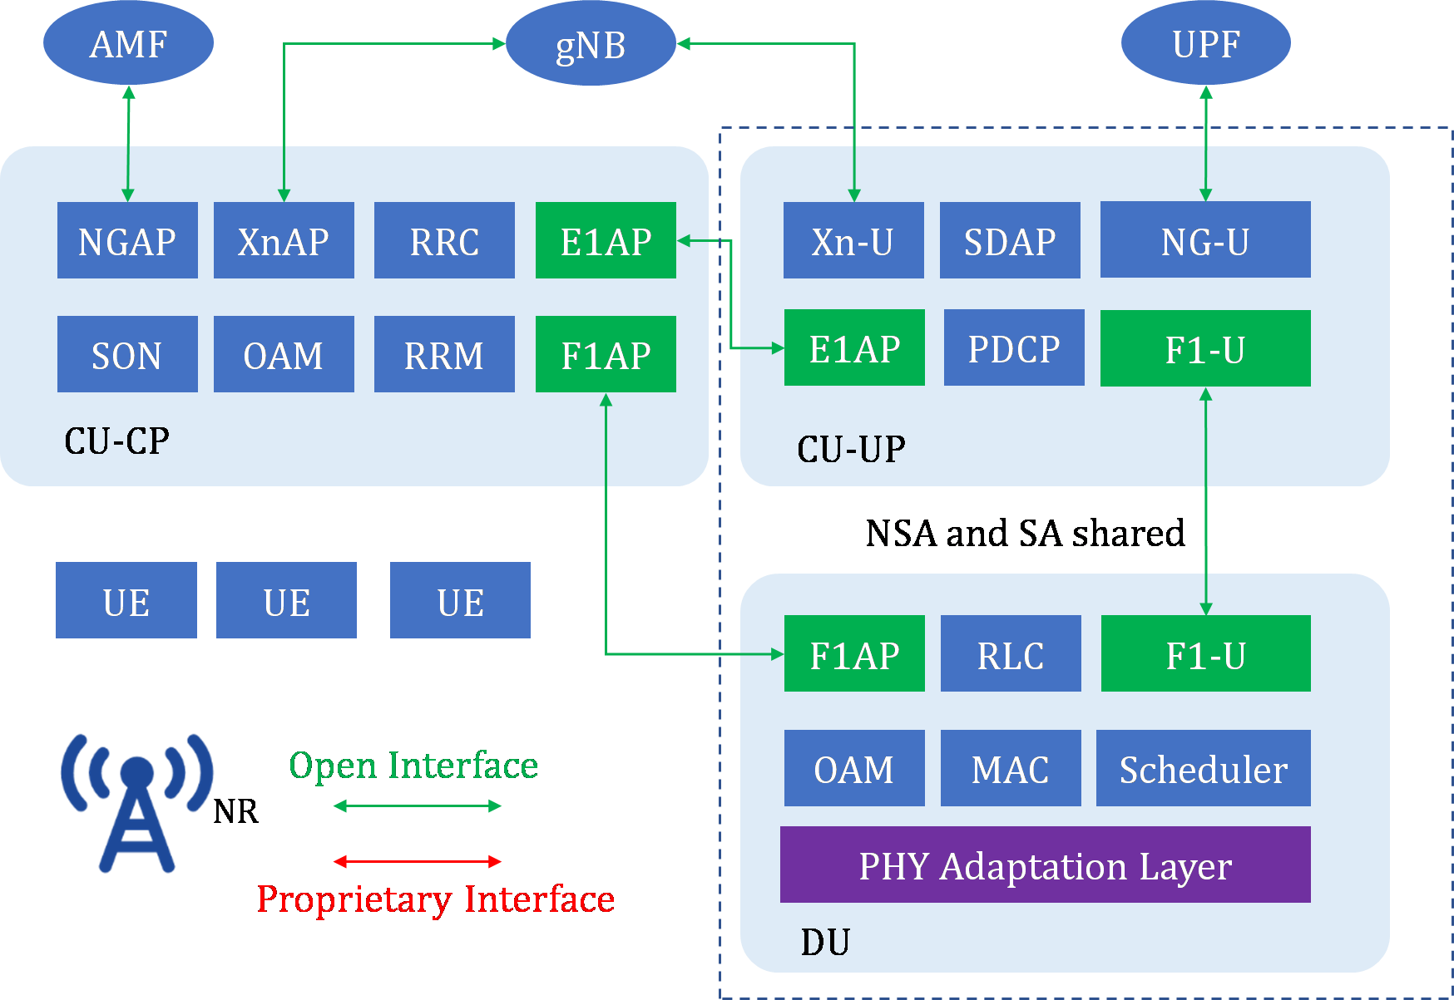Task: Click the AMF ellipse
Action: [x=128, y=43]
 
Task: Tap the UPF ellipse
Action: [x=1205, y=43]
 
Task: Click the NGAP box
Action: [x=127, y=240]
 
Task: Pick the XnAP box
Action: [x=284, y=240]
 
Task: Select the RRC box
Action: [x=444, y=240]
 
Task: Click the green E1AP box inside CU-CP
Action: [x=606, y=240]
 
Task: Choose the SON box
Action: [x=127, y=354]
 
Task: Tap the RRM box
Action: [x=444, y=354]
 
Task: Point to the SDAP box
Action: [x=1010, y=240]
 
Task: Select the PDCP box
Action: [x=1014, y=347]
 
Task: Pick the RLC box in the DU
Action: [x=1011, y=653]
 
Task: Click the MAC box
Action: [x=1011, y=768]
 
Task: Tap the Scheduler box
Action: [x=1203, y=768]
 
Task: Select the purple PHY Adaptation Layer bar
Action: [x=1045, y=865]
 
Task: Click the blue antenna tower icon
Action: [x=137, y=802]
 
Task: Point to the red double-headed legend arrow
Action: [x=418, y=861]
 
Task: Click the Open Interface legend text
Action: [x=413, y=765]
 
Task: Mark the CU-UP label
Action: [x=851, y=449]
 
